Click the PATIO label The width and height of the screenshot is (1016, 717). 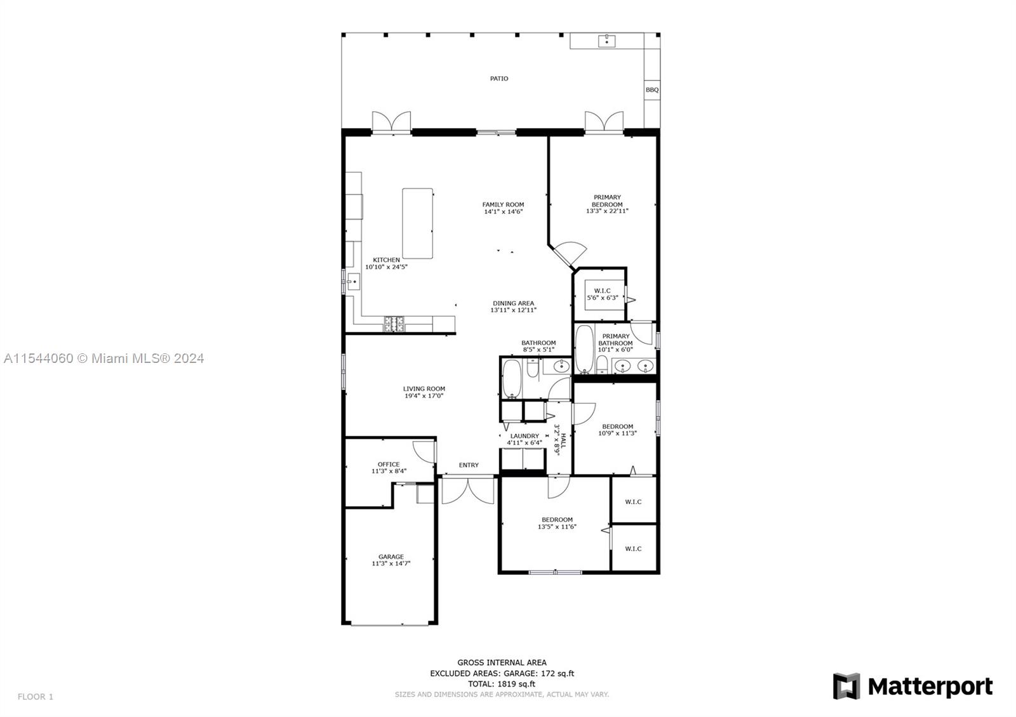[498, 79]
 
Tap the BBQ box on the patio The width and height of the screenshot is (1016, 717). [652, 90]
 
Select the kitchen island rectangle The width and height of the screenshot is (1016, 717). [418, 223]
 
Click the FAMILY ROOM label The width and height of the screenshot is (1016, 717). [503, 204]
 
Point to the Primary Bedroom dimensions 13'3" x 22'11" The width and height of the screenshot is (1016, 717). [607, 211]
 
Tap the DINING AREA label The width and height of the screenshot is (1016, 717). [513, 303]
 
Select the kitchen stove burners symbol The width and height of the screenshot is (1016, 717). [394, 324]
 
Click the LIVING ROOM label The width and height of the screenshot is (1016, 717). [424, 389]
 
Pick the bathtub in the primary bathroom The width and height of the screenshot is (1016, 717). [584, 349]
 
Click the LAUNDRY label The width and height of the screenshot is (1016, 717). [525, 436]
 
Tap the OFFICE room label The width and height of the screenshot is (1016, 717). [389, 464]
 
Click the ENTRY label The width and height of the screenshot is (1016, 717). [469, 465]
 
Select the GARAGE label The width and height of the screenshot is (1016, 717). [391, 556]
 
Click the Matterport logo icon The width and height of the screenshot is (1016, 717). [846, 687]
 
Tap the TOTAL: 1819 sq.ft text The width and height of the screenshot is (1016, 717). [502, 684]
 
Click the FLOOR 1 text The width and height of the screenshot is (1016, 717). [36, 697]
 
